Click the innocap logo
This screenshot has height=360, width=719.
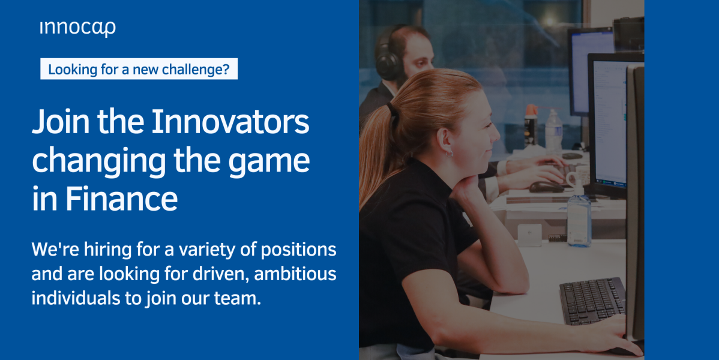click(x=77, y=28)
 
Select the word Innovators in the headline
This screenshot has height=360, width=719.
click(x=230, y=122)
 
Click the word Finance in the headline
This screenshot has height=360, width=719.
click(x=121, y=199)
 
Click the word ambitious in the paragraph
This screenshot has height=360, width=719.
click(x=295, y=274)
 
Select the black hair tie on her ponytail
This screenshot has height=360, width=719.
click(x=391, y=109)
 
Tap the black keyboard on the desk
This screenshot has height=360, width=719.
click(x=592, y=301)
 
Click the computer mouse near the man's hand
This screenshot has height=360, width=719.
click(x=546, y=187)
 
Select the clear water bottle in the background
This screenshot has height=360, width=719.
click(x=553, y=131)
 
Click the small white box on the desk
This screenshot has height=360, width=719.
click(x=529, y=235)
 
